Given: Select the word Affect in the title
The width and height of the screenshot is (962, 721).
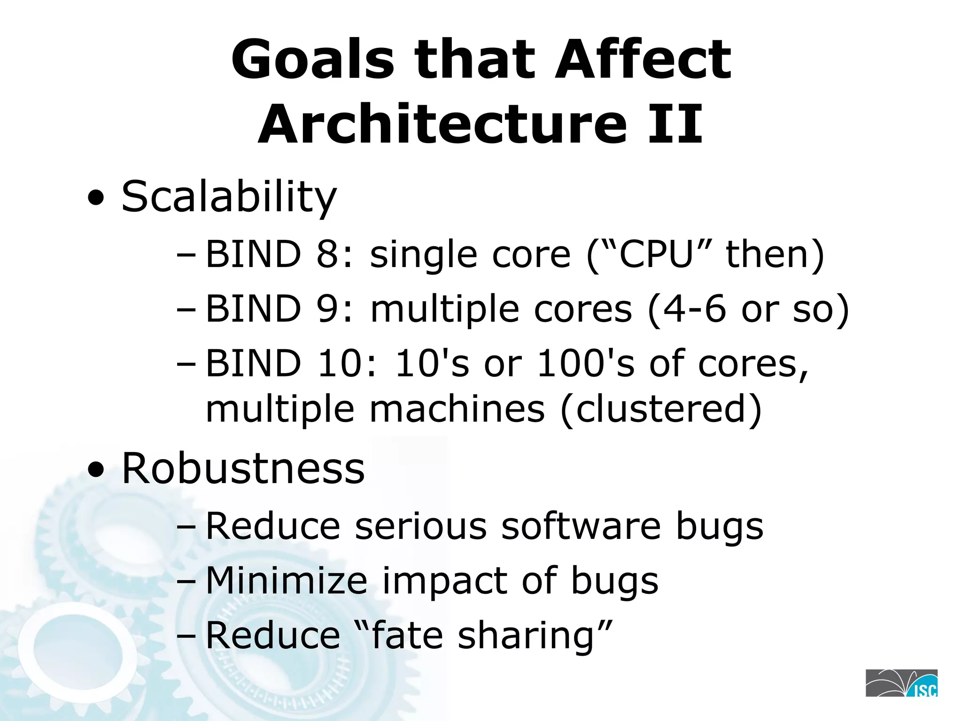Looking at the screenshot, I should (643, 60).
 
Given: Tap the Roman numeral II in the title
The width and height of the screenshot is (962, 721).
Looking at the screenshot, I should (675, 125).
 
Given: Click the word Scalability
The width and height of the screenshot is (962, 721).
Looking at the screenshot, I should (229, 196).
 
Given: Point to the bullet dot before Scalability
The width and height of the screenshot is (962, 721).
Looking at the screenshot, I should (96, 199).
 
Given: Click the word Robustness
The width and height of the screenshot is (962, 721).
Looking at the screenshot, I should (243, 468).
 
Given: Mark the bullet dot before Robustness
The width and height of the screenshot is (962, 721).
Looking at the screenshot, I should (96, 471).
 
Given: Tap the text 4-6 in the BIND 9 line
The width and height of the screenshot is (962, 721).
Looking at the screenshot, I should (694, 309).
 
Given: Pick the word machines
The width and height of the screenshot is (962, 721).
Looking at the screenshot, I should (457, 409).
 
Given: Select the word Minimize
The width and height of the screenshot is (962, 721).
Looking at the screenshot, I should (287, 581).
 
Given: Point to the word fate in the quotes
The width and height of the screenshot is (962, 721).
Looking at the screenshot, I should (406, 636).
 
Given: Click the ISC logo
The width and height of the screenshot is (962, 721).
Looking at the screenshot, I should (901, 683).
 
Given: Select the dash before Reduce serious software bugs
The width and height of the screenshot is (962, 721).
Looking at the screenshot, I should (186, 527).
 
